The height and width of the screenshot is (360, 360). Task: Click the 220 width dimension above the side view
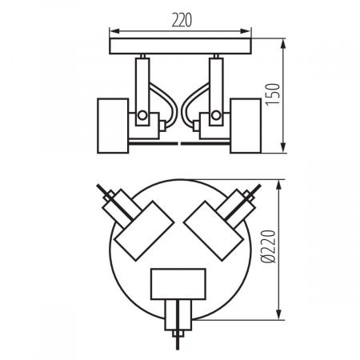pos(180,20)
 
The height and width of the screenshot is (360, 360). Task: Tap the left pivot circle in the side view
pos(142,117)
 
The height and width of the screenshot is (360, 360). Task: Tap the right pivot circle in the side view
pos(218,117)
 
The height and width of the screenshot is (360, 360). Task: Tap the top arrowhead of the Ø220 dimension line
pos(277,183)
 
